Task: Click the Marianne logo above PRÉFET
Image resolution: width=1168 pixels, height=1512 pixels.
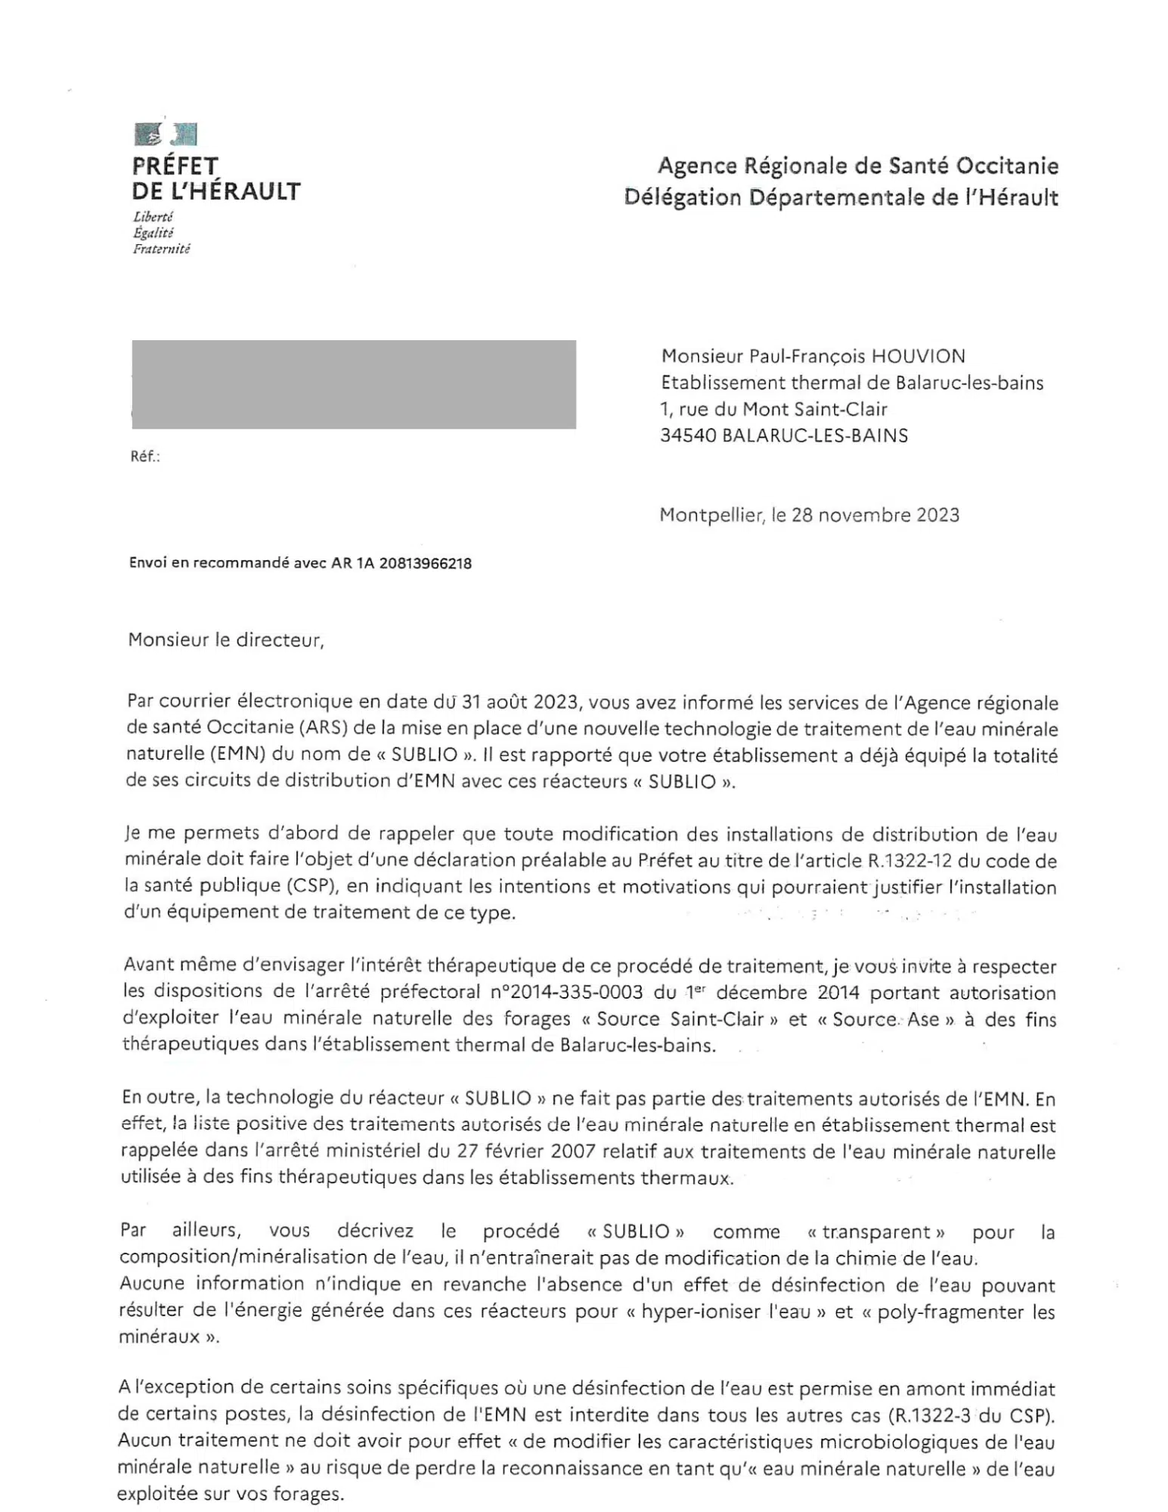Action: tap(166, 134)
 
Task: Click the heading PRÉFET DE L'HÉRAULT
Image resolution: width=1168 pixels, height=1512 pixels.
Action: tap(215, 178)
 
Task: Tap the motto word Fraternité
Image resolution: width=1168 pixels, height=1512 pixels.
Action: tap(161, 249)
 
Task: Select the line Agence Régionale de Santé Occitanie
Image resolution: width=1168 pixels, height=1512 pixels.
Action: tap(857, 166)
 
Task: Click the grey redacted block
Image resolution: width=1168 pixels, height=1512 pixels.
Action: tap(353, 384)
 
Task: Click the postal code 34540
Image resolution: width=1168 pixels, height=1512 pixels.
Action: tap(688, 435)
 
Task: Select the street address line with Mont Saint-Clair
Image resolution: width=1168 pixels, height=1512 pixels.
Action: tap(773, 409)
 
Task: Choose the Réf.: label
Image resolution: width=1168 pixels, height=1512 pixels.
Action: tap(144, 457)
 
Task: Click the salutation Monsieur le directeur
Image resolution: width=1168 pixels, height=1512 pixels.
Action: tap(225, 640)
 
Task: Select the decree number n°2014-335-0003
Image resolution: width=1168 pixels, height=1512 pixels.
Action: tap(566, 993)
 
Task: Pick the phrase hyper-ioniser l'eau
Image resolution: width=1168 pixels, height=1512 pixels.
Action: tap(726, 1312)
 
